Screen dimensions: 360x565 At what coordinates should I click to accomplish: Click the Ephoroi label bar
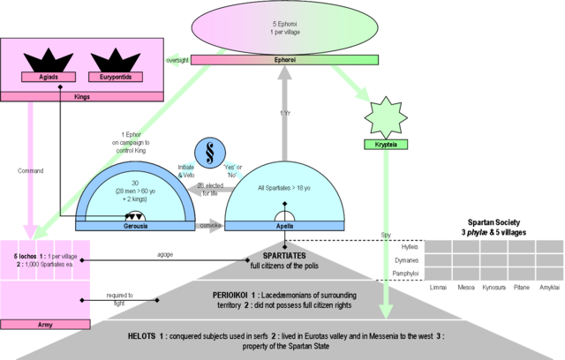pyautogui.click(x=284, y=61)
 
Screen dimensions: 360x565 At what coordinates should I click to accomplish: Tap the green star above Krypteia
pyautogui.click(x=384, y=119)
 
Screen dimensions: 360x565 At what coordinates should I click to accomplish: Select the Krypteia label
pyautogui.click(x=384, y=144)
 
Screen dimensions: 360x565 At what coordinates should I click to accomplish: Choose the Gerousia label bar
pyautogui.click(x=135, y=226)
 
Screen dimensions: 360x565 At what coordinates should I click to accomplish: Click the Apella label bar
pyautogui.click(x=284, y=226)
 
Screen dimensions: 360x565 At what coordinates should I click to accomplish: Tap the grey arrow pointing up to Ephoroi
pyautogui.click(x=284, y=106)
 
